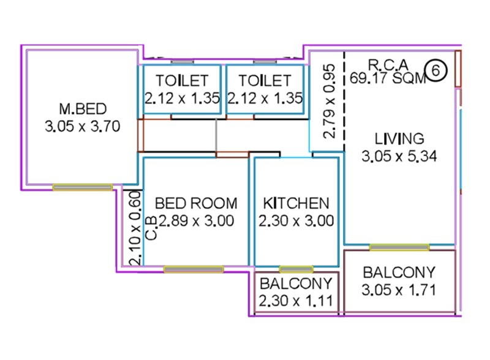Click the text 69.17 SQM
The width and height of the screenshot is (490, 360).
pos(387,78)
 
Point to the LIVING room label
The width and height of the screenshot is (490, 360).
pos(399,137)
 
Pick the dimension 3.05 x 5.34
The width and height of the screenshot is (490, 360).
pos(399,156)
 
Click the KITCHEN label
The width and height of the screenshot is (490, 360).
pos(296,203)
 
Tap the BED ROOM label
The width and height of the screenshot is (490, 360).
pos(195,203)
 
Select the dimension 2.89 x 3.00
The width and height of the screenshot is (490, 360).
pos(196,221)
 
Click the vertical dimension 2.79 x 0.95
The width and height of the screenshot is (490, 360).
pos(329,102)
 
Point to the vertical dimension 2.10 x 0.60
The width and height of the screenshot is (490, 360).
pos(137,228)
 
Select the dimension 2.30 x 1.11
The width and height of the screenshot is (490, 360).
pos(296,301)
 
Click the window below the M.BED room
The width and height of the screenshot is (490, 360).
pos(83,187)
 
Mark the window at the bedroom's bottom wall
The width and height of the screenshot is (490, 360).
pos(194,269)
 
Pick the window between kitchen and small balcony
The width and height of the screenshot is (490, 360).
pos(296,269)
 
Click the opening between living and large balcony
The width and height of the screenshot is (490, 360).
pos(399,247)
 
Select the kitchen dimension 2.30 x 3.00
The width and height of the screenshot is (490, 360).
pos(296,221)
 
